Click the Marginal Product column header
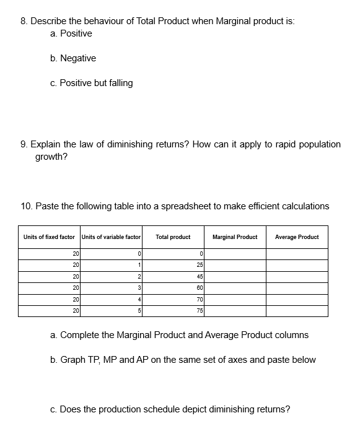235,237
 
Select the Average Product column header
297,237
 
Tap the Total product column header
173,237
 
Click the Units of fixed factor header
49,237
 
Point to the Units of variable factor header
112,237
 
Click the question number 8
23,21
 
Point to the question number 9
23,144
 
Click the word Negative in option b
78,58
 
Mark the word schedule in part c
154,409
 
